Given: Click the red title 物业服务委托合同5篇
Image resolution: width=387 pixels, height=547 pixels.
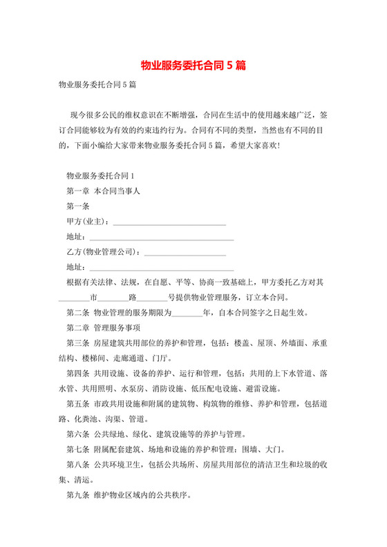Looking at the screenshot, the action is [193, 66].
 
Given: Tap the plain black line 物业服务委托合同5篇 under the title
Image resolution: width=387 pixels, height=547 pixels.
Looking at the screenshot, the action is [97, 85].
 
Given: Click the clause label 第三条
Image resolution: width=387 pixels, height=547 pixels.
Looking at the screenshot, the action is [77, 343].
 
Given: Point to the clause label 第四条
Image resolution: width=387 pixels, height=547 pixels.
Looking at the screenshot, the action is [77, 374].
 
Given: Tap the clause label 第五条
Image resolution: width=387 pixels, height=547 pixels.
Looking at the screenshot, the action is [77, 404].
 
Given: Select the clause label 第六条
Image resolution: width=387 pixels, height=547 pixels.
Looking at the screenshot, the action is [77, 434].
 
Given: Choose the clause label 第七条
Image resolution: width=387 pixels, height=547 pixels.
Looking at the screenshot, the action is [77, 450].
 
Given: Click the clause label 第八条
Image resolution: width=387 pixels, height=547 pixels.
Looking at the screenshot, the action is [77, 465].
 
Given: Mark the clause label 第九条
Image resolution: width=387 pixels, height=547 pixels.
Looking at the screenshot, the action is [77, 495].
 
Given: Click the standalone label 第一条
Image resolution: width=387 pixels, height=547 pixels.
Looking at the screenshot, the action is [77, 207].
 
